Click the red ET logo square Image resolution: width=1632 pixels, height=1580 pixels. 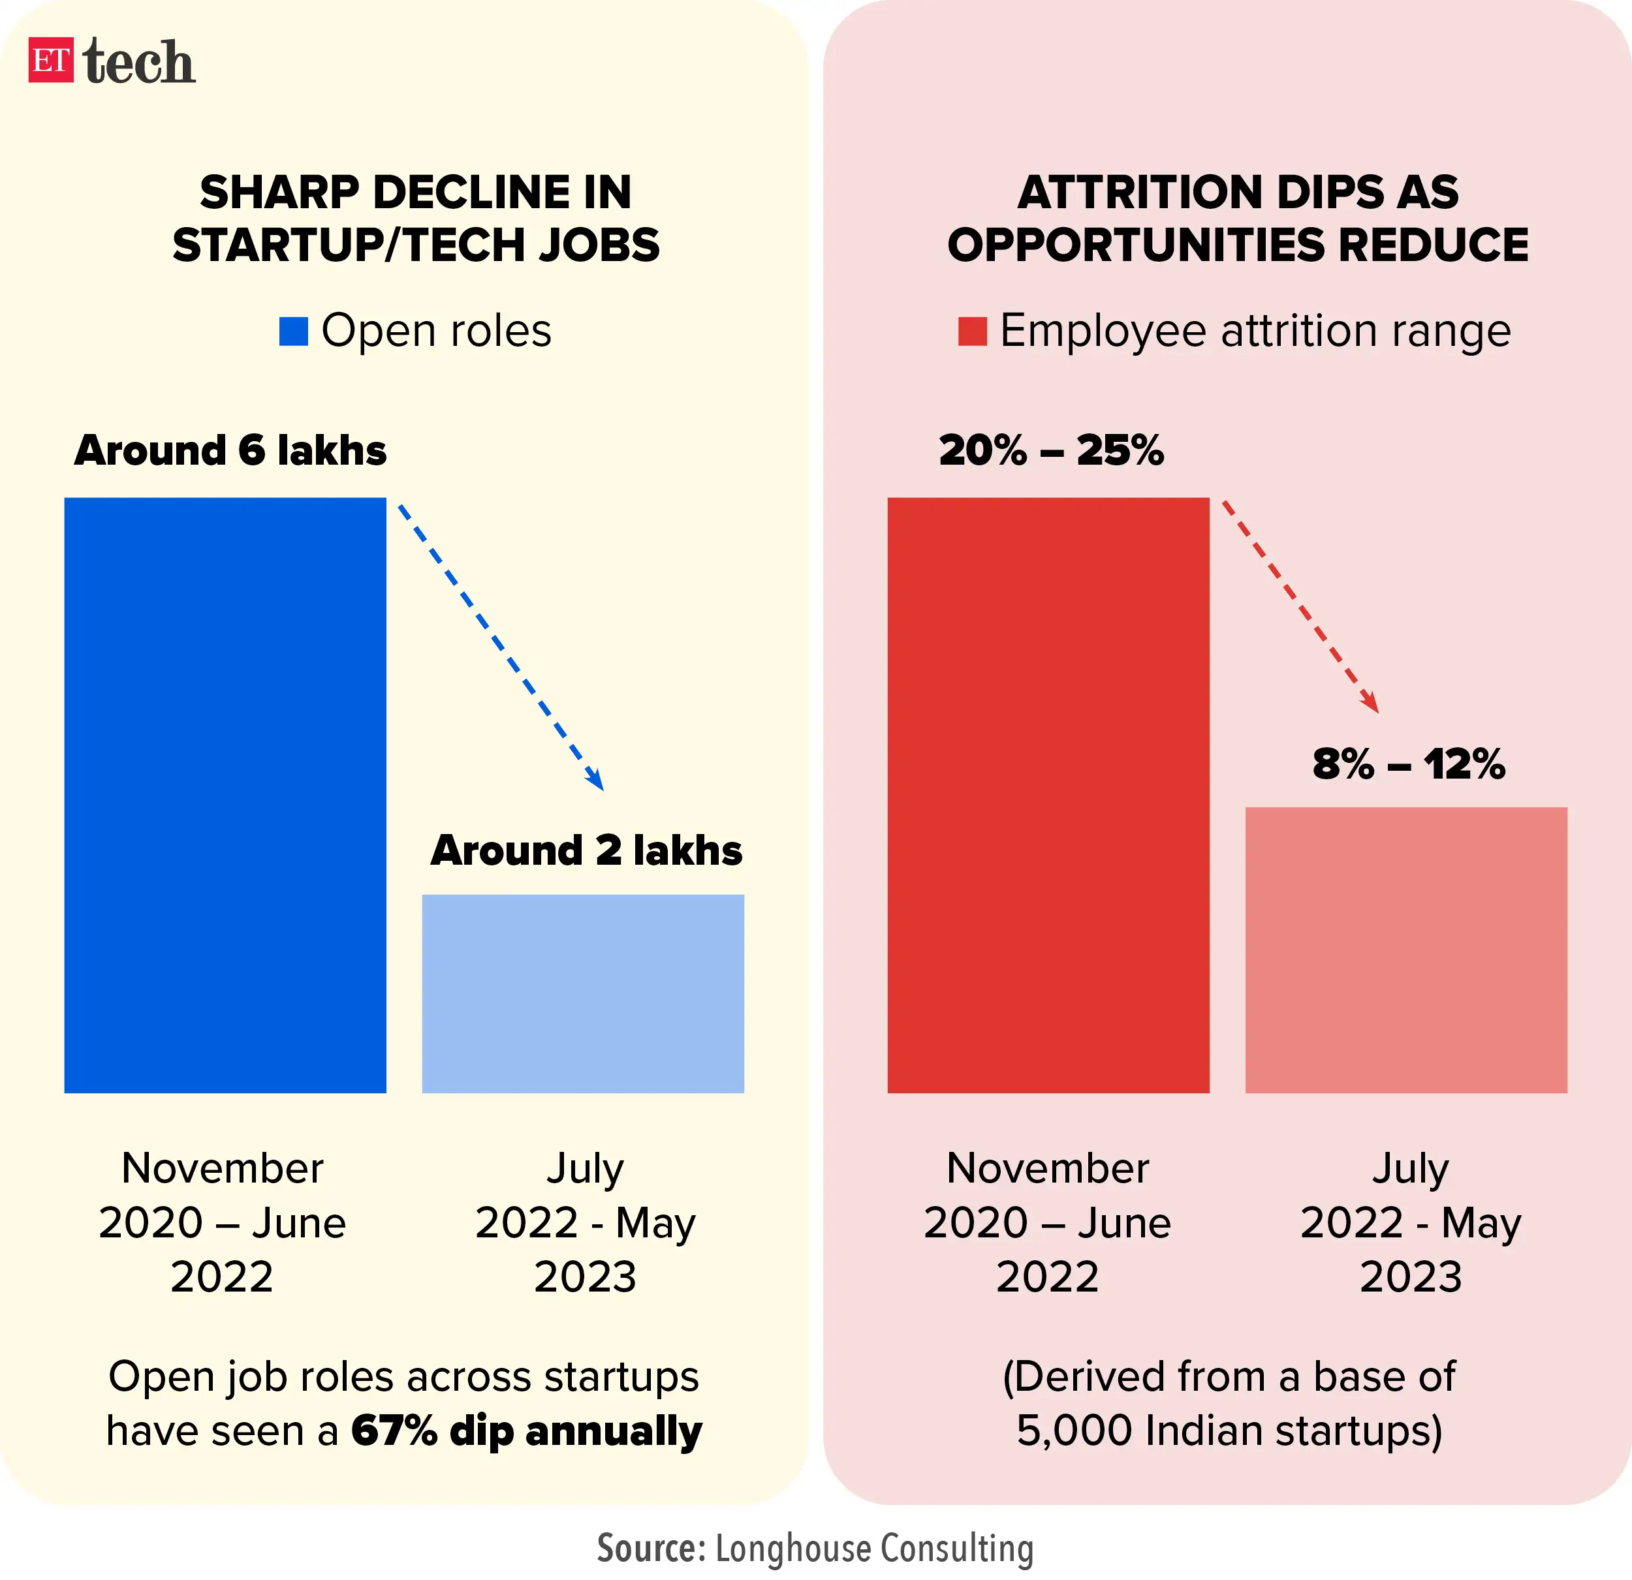[51, 61]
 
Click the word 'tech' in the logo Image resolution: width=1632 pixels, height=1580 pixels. [139, 63]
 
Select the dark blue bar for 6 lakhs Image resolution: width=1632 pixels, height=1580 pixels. [225, 795]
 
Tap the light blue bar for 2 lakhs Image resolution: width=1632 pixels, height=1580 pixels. [583, 993]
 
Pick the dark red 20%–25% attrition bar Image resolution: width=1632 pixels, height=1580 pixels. [1048, 795]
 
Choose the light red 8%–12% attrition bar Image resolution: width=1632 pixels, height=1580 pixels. [1405, 949]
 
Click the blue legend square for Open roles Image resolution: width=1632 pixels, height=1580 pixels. [293, 332]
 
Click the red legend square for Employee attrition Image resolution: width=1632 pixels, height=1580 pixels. [972, 332]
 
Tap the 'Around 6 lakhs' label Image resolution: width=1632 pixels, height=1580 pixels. [230, 450]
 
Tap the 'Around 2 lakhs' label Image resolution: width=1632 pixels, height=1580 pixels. [586, 851]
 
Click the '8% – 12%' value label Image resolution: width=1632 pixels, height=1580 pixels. [1408, 764]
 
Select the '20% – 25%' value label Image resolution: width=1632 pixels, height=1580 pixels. [1051, 450]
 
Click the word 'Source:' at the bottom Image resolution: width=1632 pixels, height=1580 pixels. [651, 1549]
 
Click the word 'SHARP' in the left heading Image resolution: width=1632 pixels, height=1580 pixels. [278, 193]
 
